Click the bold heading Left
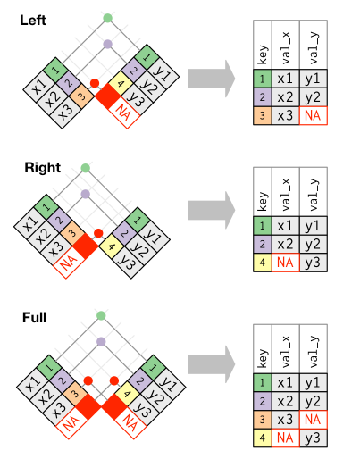33,21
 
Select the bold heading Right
43,168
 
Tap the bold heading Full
34,318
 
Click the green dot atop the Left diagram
107,18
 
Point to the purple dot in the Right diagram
86,194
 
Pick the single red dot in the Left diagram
95,83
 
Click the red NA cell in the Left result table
314,115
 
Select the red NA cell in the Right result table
285,263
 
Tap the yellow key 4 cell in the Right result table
263,263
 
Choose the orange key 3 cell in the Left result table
263,115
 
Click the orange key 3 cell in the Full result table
263,420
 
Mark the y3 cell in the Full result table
314,438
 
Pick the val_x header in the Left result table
286,45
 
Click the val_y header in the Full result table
314,349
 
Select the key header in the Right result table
263,192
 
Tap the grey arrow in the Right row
212,210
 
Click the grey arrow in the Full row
212,364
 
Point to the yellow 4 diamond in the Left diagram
121,84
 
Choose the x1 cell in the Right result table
285,226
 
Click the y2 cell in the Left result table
314,97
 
